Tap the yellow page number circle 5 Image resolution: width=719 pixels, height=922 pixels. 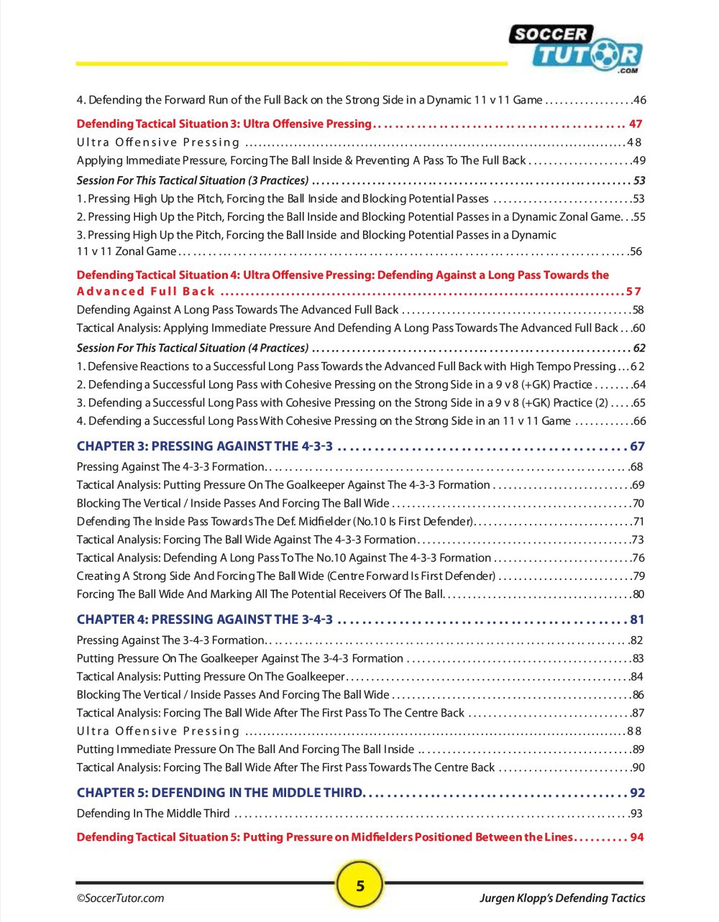click(360, 885)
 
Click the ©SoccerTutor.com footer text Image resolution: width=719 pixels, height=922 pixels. click(121, 898)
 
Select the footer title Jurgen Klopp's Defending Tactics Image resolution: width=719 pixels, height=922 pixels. click(562, 898)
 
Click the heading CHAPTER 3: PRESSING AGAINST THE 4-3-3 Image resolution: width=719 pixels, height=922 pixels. click(205, 446)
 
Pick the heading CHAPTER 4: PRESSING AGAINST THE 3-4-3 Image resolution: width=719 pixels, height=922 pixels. click(205, 619)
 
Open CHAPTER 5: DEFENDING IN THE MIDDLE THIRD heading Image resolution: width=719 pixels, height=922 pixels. click(220, 793)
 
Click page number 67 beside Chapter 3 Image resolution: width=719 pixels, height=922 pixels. click(637, 446)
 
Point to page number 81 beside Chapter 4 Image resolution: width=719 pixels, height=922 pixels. click(637, 619)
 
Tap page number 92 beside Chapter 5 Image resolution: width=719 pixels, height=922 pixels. click(637, 793)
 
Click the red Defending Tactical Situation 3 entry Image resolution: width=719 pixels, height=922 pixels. click(224, 124)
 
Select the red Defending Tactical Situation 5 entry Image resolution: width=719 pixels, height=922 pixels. click(324, 837)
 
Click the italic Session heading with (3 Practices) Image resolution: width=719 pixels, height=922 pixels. click(193, 180)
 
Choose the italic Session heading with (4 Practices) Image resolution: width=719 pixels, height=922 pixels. click(193, 348)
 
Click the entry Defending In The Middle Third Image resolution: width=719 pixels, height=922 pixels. click(153, 813)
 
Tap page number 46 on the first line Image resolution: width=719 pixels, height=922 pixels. click(639, 100)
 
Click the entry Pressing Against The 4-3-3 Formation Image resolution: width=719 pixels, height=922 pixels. click(170, 466)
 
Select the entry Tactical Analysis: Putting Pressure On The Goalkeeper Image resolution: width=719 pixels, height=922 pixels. click(211, 676)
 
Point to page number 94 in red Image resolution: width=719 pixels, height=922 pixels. click(637, 837)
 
